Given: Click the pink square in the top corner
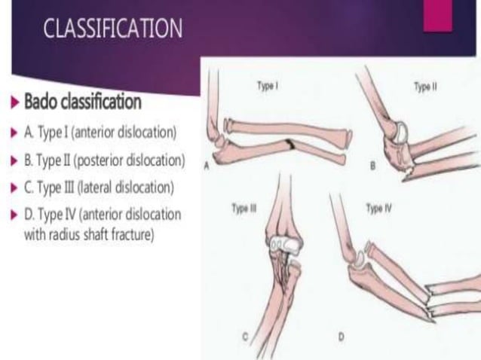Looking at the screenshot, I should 438,15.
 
